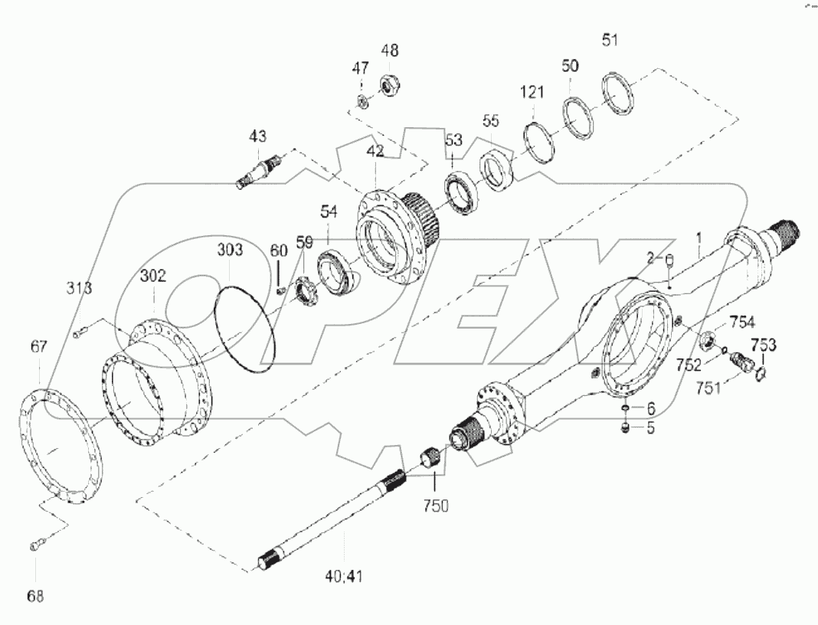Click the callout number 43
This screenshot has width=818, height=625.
[257, 136]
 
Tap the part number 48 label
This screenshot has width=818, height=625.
[389, 51]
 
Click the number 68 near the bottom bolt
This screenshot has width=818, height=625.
[35, 595]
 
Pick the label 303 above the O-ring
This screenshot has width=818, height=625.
[230, 250]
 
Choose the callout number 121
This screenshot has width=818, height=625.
[532, 92]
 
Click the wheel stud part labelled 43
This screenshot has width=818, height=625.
[261, 171]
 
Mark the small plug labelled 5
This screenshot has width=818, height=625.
[626, 428]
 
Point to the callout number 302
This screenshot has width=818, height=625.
[152, 277]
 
